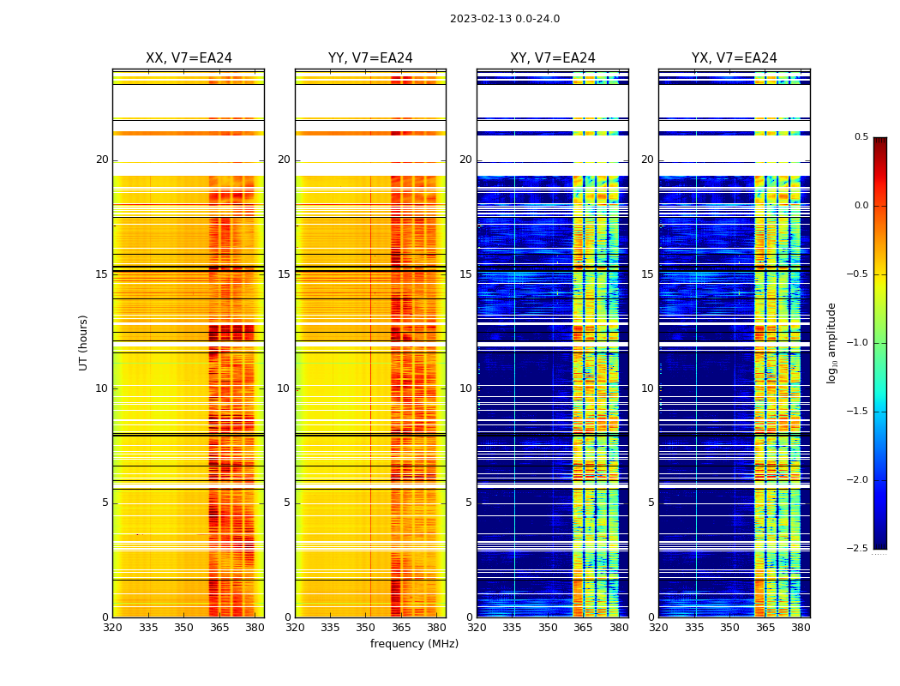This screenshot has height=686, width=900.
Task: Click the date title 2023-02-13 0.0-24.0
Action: [x=504, y=19]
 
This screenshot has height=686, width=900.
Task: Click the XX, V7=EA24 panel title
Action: [x=189, y=58]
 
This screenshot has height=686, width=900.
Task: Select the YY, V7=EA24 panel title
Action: [x=370, y=58]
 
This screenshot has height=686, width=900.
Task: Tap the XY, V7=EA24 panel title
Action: [x=552, y=58]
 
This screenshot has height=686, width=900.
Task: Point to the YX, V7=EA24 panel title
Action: [x=734, y=58]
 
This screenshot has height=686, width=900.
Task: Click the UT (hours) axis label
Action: [x=84, y=342]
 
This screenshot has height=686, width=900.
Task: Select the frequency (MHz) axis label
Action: [x=414, y=644]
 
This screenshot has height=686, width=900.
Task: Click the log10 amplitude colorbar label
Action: [x=831, y=342]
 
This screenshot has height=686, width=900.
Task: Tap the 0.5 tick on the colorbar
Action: [x=861, y=137]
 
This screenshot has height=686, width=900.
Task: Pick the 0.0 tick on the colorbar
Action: [x=861, y=206]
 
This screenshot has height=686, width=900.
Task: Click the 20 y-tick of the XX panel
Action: [x=102, y=159]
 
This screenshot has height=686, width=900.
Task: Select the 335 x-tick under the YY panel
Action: [x=330, y=628]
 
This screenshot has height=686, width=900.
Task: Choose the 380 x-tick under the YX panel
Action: [x=801, y=628]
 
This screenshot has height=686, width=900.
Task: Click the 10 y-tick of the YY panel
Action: [x=284, y=388]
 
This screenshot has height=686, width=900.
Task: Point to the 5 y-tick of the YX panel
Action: [x=651, y=502]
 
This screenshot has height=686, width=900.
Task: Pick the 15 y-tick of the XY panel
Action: [x=465, y=274]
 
